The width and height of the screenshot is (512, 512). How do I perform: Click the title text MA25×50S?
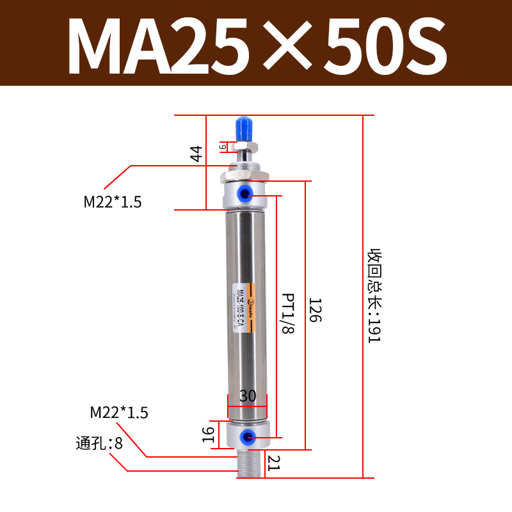(256, 44)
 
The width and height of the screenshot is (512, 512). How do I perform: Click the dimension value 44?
(196, 154)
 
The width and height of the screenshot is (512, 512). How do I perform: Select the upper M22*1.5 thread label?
(113, 202)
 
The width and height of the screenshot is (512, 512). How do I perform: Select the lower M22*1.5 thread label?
(119, 413)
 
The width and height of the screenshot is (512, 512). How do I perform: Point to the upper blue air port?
(246, 193)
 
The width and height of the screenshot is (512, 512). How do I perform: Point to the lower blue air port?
(244, 438)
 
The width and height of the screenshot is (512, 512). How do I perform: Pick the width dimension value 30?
(247, 396)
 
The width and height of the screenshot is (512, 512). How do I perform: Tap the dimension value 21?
(274, 463)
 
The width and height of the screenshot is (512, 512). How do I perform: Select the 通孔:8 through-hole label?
(99, 443)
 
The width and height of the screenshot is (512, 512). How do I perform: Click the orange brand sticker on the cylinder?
(250, 308)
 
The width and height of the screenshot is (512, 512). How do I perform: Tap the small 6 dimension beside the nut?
(223, 147)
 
